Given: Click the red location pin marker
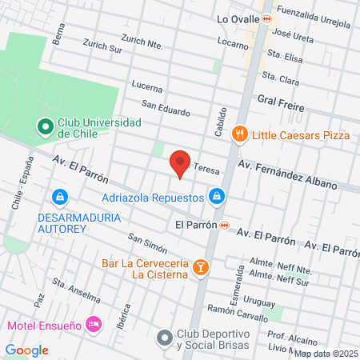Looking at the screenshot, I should [181, 163].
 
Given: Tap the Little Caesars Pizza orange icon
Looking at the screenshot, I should [238, 134].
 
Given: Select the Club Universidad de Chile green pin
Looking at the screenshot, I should [46, 126].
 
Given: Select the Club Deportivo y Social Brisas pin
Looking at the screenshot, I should [165, 338].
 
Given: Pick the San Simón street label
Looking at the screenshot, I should [146, 241].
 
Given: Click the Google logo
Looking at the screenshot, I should [26, 350].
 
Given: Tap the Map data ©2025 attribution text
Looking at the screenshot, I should [325, 353].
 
